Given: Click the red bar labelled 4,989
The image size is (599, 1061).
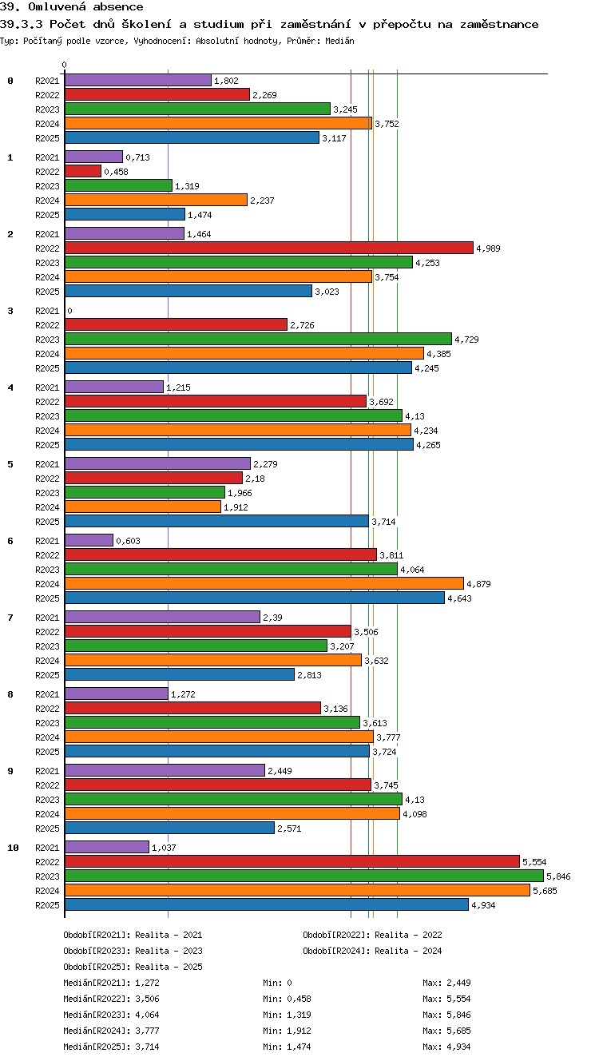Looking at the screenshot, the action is point(269,248).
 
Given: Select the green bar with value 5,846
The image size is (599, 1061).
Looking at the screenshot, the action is point(304,876).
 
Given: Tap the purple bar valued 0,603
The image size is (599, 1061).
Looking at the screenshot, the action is point(89,540).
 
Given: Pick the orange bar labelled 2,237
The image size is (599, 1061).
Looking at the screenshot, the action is point(157,200).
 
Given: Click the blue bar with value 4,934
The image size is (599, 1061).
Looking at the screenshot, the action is point(267,904).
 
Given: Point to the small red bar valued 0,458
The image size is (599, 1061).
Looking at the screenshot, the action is point(83,171).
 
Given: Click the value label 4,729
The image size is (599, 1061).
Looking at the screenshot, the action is point(466,340).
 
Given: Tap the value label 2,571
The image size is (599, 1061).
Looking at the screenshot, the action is point(289,829).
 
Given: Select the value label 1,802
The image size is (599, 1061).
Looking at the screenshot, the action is point(226,81).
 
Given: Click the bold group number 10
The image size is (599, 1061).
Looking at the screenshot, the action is point(13,848).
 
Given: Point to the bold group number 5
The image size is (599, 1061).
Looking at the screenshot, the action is point(10,464).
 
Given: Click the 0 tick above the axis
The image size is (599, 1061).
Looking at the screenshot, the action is point(65,65).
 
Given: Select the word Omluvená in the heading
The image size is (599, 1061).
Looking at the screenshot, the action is point(57,6).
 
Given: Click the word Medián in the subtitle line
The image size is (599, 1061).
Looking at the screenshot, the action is point(339,41).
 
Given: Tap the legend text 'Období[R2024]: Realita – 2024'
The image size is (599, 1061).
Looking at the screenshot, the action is point(372,951).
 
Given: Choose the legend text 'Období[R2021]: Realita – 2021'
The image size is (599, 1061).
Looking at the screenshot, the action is point(133,935).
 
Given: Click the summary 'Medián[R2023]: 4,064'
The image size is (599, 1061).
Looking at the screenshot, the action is point(111,1015).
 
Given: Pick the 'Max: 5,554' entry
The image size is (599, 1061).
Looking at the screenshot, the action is point(446,999).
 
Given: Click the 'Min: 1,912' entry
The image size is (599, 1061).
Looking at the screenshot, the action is point(287,1030).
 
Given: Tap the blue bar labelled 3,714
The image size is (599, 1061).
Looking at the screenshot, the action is point(216,521).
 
